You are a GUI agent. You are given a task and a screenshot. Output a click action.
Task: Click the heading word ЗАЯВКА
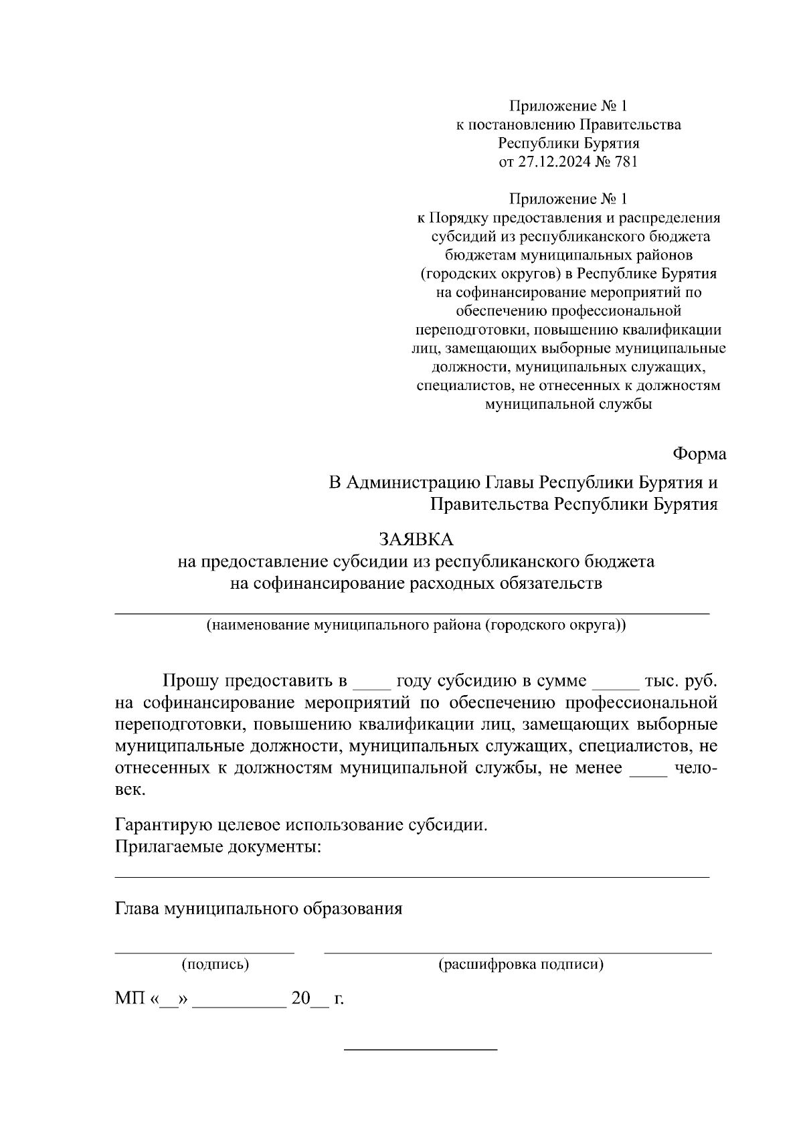416,539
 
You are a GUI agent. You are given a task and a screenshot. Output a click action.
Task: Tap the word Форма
699,454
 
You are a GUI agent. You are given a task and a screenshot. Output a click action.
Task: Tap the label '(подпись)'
215,965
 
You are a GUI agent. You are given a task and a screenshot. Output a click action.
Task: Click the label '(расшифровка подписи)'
521,965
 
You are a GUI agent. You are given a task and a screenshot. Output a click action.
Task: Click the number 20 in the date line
300,1000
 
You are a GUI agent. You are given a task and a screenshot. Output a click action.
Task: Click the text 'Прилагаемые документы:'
218,848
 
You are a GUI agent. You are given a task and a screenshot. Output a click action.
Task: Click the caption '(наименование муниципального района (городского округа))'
416,626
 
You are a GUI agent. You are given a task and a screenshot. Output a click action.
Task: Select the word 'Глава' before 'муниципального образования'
137,909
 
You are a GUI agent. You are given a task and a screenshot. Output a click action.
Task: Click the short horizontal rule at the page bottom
420,1049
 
